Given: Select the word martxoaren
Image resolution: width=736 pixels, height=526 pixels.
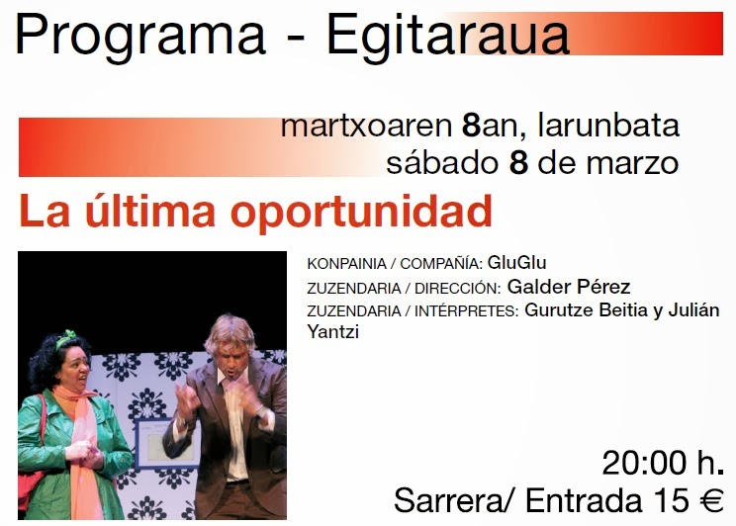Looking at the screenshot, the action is tap(366, 126).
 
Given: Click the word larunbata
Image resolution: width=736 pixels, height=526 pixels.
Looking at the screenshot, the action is tap(608, 126).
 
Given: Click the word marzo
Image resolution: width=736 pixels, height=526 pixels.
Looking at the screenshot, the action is tap(632, 164).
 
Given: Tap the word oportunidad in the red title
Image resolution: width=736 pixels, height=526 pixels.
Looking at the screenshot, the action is tap(361, 212).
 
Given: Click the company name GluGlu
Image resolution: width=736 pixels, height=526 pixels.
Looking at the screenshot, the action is tap(516, 262).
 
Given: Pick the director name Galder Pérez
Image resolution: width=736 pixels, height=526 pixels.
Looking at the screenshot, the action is tap(569, 286).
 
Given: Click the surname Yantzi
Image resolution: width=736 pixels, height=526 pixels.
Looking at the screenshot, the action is tap(332, 332).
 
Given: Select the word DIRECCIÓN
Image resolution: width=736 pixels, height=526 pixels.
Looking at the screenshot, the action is tap(458, 288).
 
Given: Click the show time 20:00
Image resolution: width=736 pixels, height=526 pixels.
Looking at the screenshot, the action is tap(645, 463).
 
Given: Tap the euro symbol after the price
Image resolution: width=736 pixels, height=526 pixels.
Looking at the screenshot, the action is tap(711, 500).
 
